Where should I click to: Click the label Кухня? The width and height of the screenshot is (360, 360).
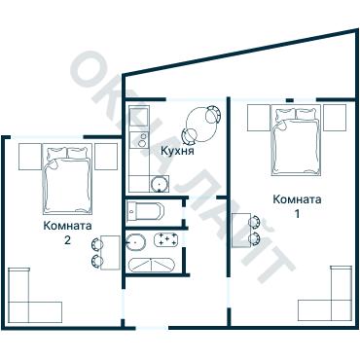click(177, 151)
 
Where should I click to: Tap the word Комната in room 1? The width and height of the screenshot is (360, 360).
click(297, 199)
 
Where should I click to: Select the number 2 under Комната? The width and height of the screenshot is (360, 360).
click(67, 240)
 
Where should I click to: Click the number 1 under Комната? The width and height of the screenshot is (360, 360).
click(297, 214)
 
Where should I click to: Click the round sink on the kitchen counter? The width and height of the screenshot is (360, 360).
click(159, 184)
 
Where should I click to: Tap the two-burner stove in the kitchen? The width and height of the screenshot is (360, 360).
click(139, 140)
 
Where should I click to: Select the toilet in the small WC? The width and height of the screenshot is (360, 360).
click(145, 211)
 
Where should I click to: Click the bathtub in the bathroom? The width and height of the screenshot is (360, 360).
click(152, 266)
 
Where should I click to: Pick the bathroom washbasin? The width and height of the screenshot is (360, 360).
click(135, 241)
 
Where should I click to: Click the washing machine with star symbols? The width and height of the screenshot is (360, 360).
click(165, 240)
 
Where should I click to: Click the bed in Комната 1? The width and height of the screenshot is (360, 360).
click(296, 140)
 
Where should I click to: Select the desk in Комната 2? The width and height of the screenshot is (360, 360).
click(110, 253)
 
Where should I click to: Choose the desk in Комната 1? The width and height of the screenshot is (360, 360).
click(241, 231)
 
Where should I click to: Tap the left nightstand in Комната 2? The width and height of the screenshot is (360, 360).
click(30, 157)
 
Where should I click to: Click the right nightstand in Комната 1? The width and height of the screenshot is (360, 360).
click(335, 118)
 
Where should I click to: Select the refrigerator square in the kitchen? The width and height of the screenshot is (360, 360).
click(139, 117)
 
